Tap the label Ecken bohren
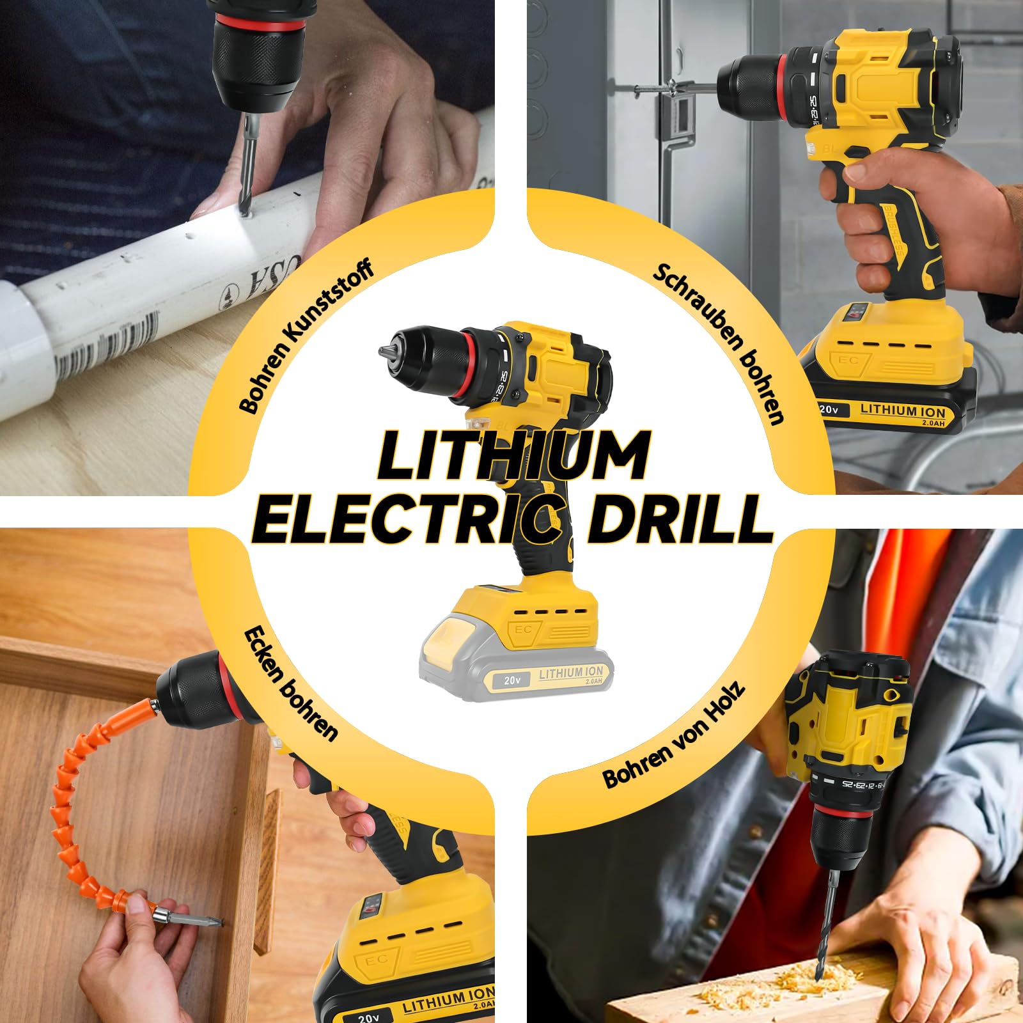click(291, 684)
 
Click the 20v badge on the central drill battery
click(511, 680)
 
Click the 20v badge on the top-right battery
click(829, 409)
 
